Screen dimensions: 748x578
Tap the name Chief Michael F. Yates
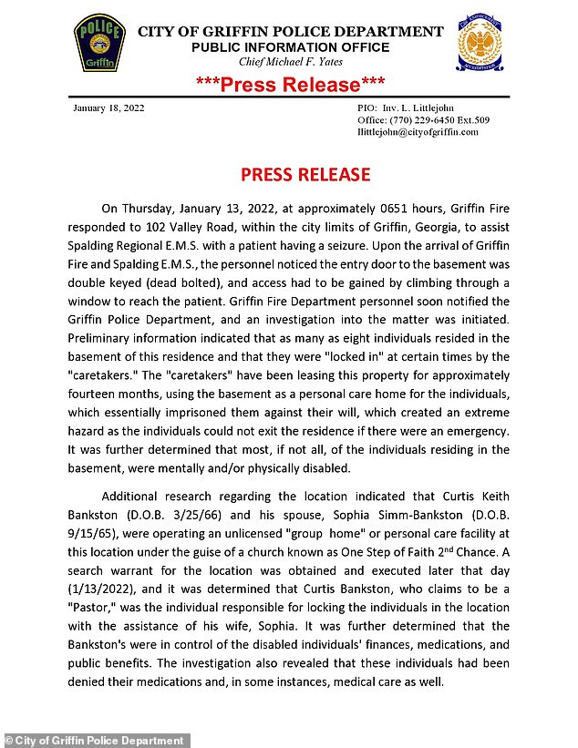coord(289,61)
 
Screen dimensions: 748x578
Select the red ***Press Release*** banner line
coord(291,85)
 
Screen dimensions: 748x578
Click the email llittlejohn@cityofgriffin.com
coord(418,132)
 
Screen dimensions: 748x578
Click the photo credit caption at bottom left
coord(96,741)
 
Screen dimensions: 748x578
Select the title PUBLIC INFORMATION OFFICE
coord(290,47)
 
